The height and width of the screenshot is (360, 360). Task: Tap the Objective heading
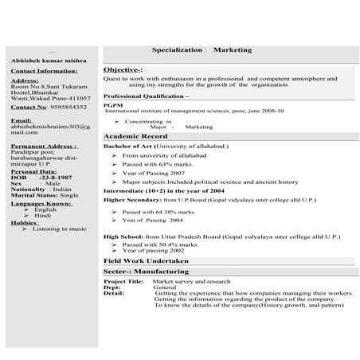coord(123,70)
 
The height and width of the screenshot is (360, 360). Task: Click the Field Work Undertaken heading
coord(146,260)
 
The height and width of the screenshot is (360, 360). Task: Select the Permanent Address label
coord(44,147)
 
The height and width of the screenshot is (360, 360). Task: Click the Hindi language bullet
coord(43,216)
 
